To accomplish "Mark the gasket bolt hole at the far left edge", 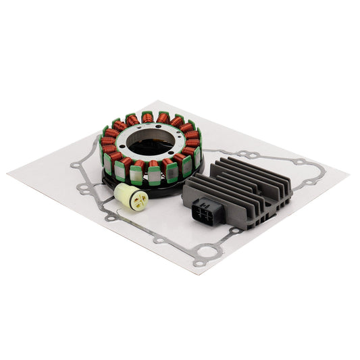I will click(74, 164).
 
